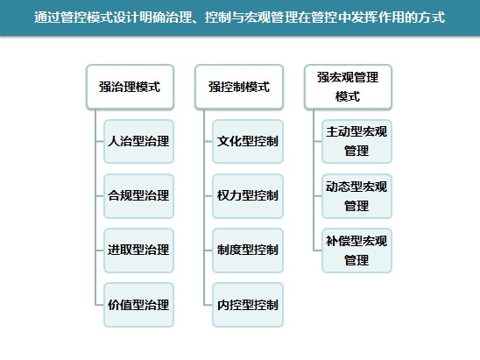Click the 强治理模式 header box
coord(131,87)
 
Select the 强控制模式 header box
coord(239,87)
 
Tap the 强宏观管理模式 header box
coord(348,87)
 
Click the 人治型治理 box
coord(138,141)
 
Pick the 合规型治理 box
coord(138,196)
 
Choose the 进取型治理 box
coord(138,251)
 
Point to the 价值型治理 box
coord(138,305)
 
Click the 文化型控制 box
coord(248,141)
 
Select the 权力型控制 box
coord(248,196)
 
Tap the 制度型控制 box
coord(248,251)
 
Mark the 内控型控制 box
coord(248,305)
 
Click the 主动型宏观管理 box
coord(356,141)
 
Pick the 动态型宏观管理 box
coord(356,196)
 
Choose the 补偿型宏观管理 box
coord(356,251)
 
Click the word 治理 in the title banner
coord(179,18)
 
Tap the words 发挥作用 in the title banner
coord(378,18)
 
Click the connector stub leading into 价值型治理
coord(100,305)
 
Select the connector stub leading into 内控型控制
coord(208,305)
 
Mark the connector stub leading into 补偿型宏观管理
coord(317,251)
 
